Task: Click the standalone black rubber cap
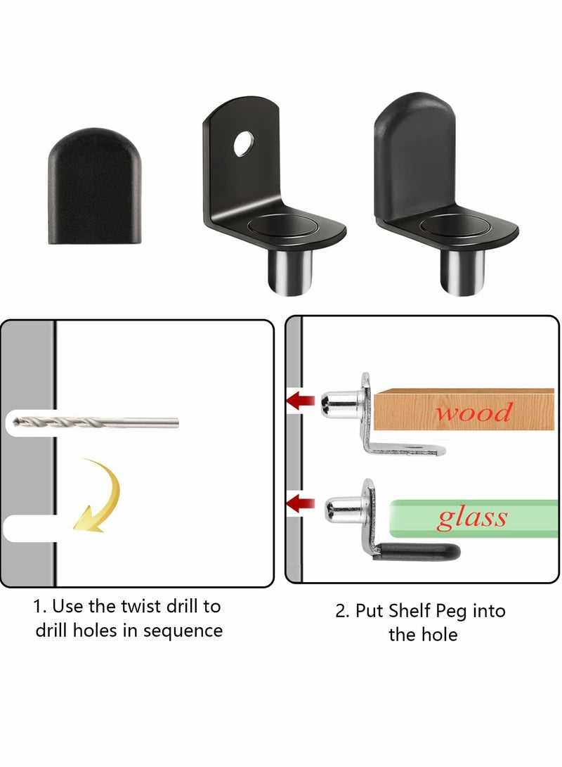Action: click(94, 186)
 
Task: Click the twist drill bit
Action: click(96, 423)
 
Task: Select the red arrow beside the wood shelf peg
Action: click(300, 401)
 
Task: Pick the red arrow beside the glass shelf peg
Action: click(300, 503)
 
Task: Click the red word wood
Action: click(473, 411)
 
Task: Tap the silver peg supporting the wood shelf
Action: click(341, 403)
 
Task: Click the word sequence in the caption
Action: click(183, 630)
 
